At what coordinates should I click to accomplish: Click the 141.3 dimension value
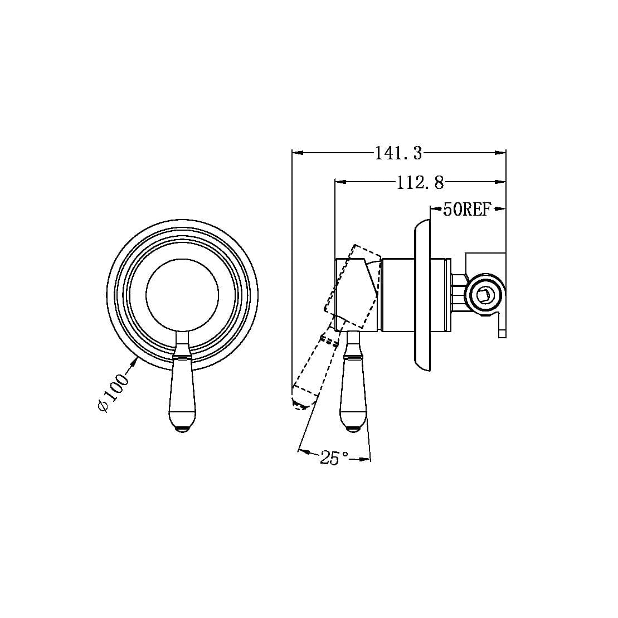[398, 153]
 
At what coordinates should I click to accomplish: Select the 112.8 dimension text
[420, 182]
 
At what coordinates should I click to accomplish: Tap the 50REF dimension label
[466, 210]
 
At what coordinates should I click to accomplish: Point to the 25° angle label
[334, 458]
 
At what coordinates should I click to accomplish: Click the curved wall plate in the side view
[422, 295]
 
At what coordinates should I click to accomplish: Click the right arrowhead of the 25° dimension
[366, 459]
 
